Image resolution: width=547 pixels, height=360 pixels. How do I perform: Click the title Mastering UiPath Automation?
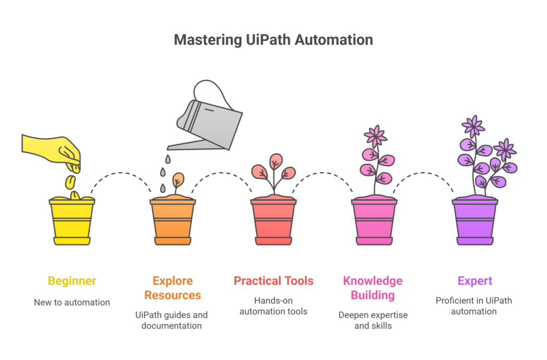pos(273,40)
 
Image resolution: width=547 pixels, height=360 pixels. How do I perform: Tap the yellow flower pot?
pos(72,221)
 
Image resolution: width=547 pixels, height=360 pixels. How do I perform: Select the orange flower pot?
pos(173,221)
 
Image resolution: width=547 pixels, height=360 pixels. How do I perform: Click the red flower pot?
pos(273,221)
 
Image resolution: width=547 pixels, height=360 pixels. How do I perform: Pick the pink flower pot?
pos(374,221)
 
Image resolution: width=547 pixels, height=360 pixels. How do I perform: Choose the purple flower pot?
pos(475,221)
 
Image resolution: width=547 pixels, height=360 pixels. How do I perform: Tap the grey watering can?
pos(206,119)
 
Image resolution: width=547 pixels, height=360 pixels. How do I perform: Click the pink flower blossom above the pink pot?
pos(376,136)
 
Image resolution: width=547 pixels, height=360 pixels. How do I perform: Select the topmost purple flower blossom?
pos(473,126)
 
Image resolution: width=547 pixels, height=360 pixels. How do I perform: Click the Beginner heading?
pos(72,281)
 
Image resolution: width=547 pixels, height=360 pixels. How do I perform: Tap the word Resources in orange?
pos(173,295)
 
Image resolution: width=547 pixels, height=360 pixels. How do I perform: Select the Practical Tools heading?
pos(273,281)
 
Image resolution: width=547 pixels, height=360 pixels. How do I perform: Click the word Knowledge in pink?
pos(372,281)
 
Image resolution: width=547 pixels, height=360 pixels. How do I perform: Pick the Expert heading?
pos(475,281)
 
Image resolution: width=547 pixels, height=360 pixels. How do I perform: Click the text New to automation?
pos(72,302)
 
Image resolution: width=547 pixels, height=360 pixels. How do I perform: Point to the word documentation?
pos(171,326)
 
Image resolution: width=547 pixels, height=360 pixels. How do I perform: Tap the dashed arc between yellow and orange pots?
pos(121,174)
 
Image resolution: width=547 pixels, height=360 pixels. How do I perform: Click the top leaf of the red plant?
pos(276,161)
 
